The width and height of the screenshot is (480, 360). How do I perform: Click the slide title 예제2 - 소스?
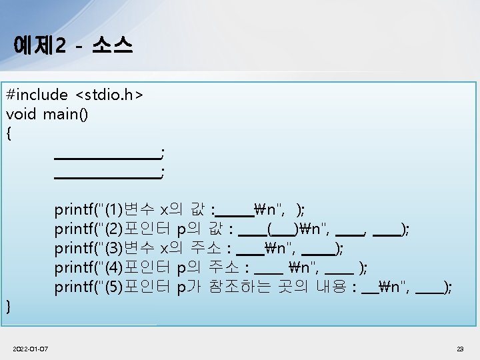tap(72, 45)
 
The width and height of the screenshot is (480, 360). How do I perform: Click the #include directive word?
tap(37, 95)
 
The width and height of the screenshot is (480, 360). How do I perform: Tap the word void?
tap(22, 115)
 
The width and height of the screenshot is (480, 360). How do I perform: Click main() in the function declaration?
tap(65, 115)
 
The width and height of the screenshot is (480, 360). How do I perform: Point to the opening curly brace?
tap(9, 133)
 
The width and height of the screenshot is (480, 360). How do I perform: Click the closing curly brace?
tap(9, 306)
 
